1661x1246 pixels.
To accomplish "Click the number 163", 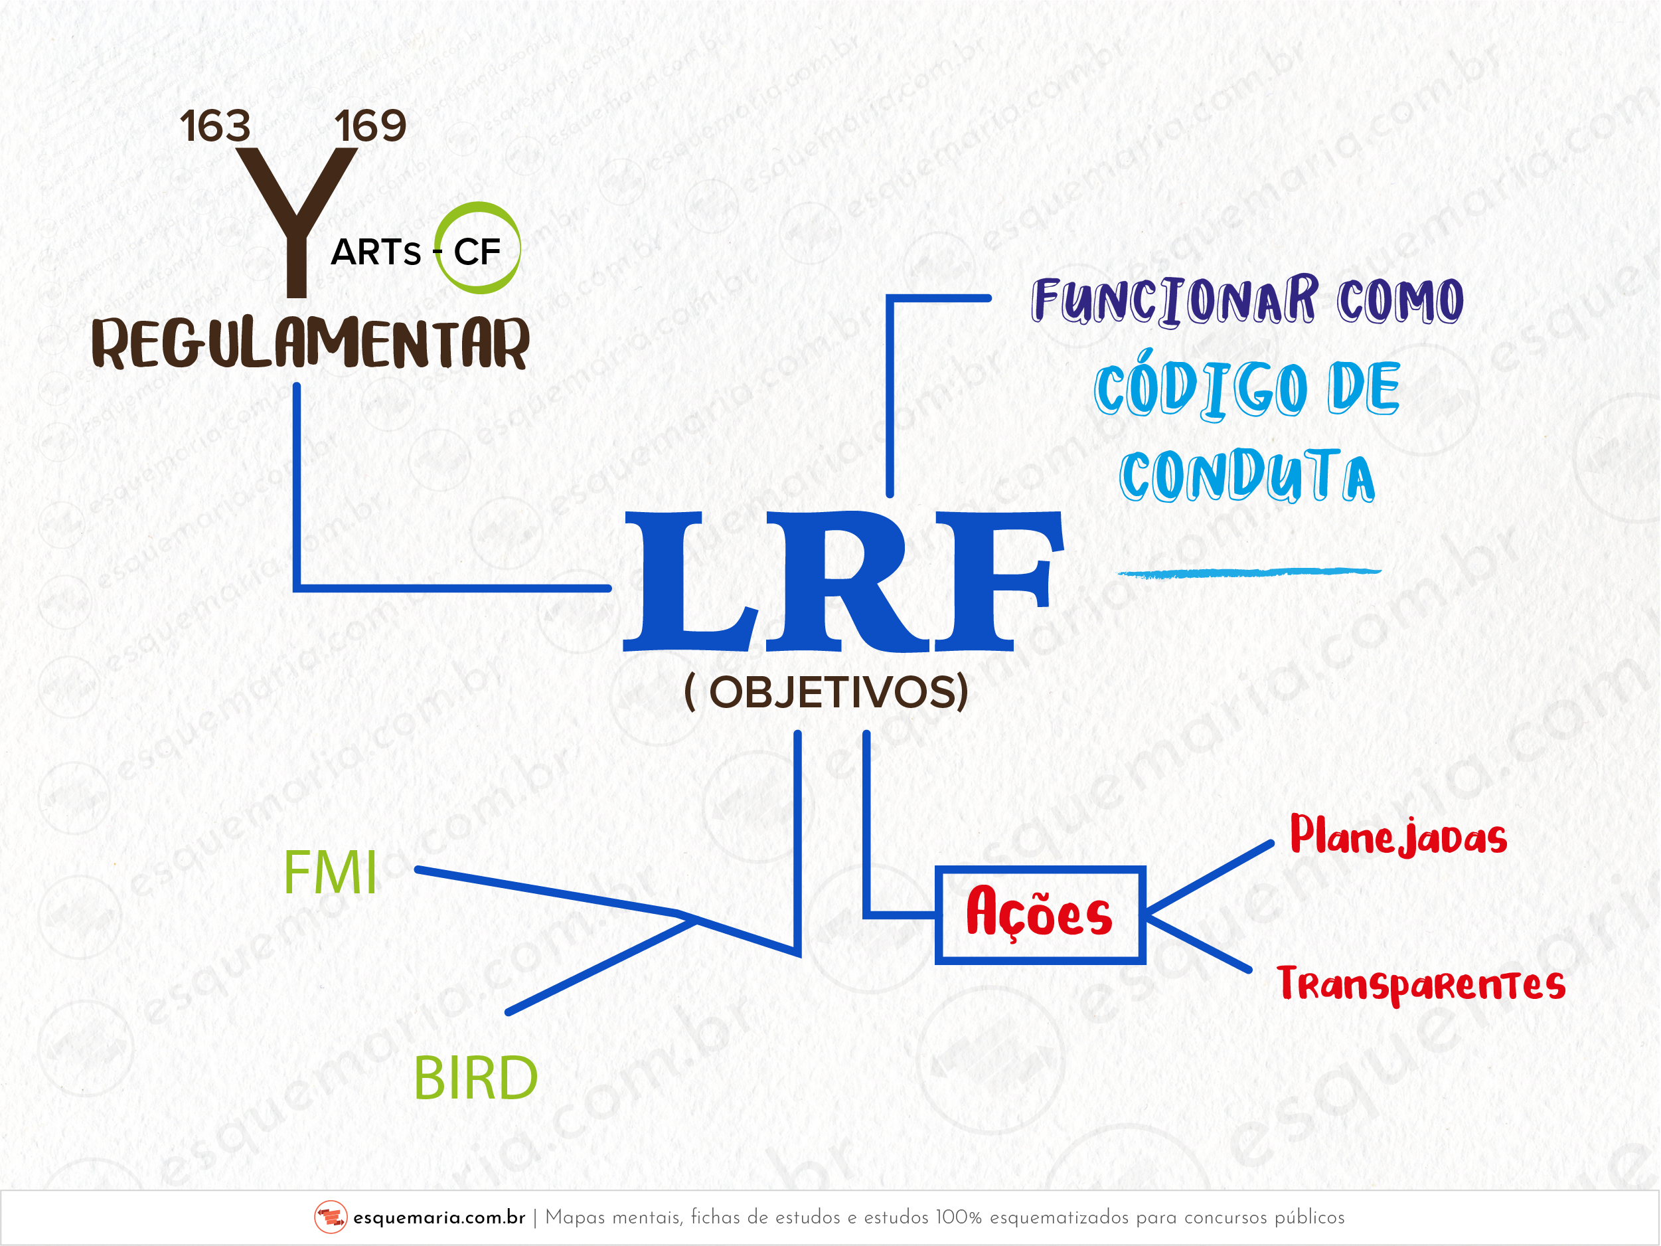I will tap(214, 126).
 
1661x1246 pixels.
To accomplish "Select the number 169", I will tap(370, 126).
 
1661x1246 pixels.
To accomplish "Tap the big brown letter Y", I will tap(297, 218).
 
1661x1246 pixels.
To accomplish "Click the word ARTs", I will tap(376, 252).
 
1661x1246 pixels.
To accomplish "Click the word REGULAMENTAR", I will tap(311, 343).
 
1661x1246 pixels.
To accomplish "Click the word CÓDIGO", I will tap(1201, 389).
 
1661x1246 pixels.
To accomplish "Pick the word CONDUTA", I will tap(1247, 476).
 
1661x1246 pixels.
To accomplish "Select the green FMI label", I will tap(331, 873).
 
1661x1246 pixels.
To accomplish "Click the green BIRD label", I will tap(475, 1078).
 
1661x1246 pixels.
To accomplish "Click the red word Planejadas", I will tap(1398, 836).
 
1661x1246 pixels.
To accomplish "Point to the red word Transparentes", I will tap(1421, 984).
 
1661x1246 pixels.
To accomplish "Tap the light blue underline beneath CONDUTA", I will tap(1249, 573).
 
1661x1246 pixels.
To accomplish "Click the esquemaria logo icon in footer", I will tap(331, 1217).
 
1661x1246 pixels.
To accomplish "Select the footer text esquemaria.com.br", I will tap(439, 1217).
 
